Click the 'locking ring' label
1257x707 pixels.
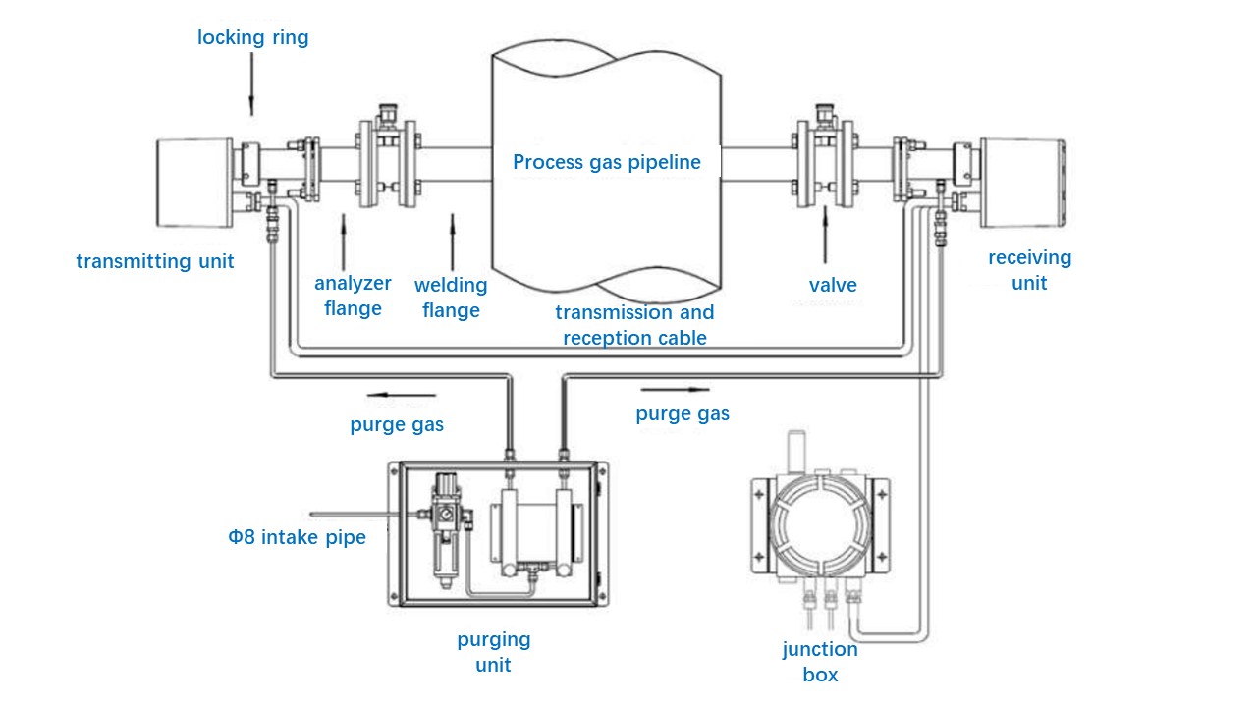(252, 38)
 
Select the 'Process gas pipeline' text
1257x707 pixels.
(607, 162)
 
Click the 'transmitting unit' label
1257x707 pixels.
(155, 261)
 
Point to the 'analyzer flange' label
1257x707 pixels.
(353, 296)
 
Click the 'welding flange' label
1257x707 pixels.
(451, 298)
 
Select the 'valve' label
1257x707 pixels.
(833, 285)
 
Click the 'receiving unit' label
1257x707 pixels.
(1029, 270)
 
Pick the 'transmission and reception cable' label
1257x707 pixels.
(634, 325)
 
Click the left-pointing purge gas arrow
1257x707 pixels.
(401, 397)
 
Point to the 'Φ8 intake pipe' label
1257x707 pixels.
(297, 537)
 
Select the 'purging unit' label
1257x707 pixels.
(493, 652)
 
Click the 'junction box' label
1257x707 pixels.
(820, 662)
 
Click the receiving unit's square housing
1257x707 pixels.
(1021, 182)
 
